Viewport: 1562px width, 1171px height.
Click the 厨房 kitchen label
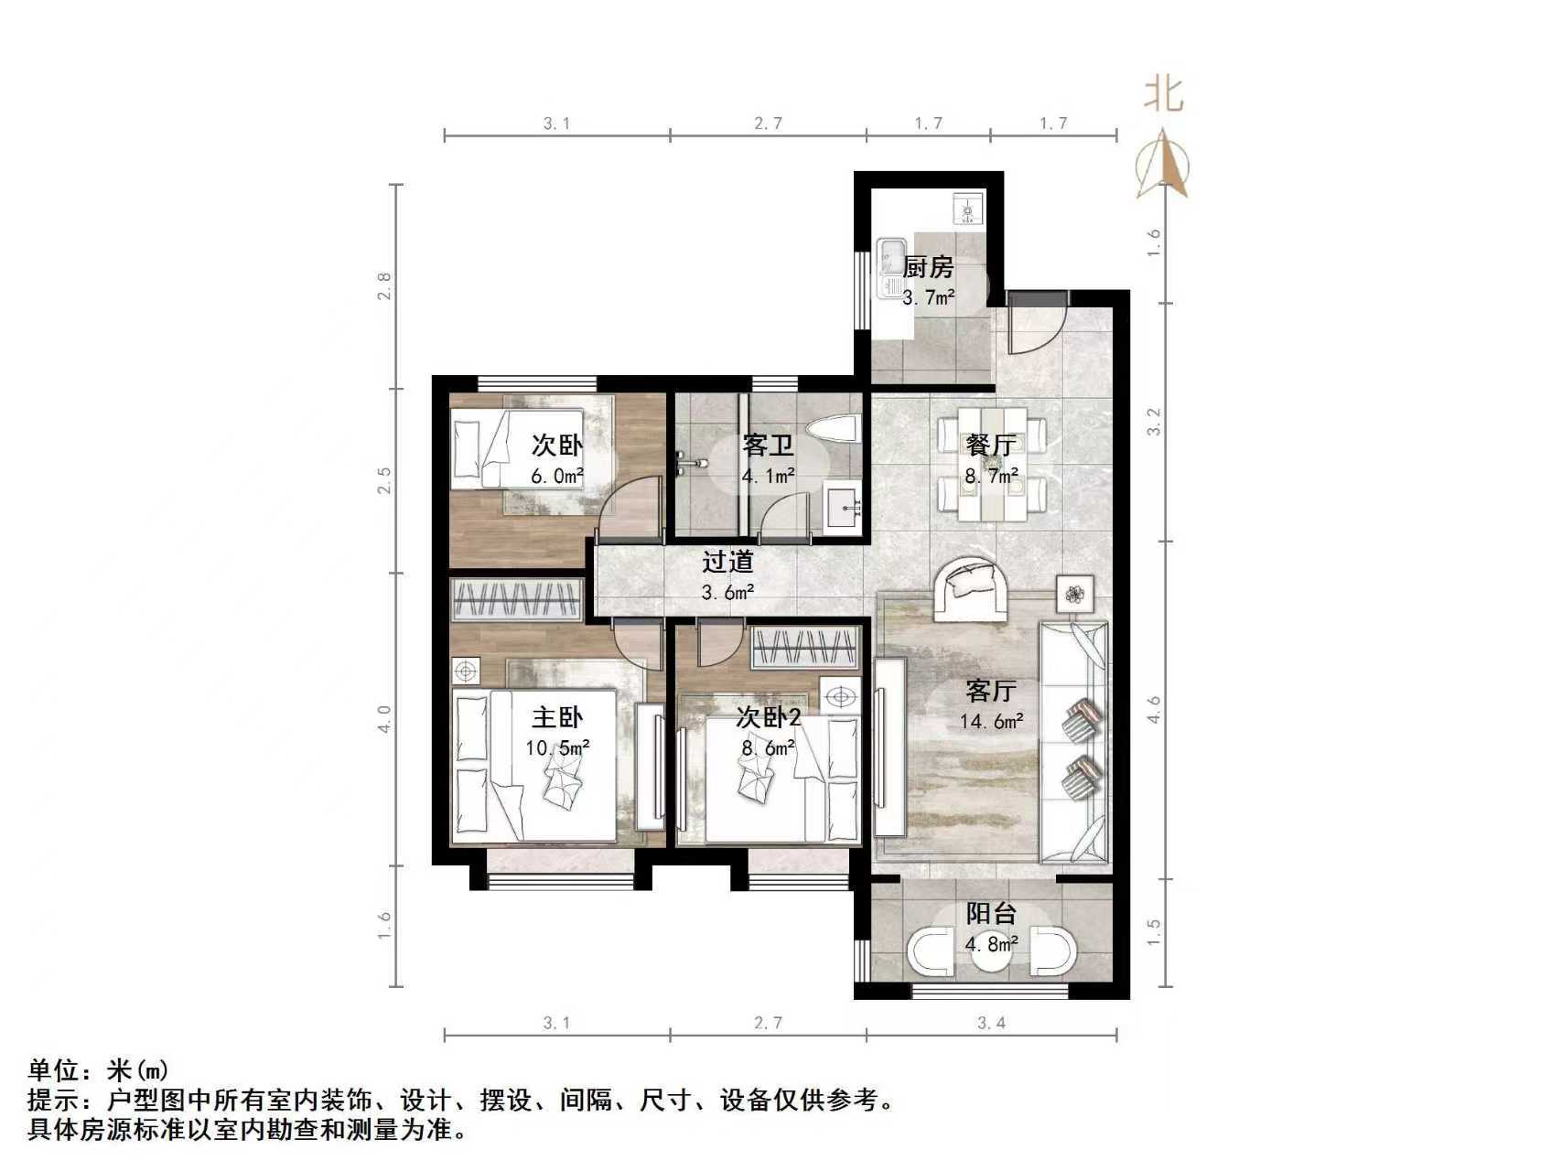928,267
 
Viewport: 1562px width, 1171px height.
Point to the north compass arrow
1162,165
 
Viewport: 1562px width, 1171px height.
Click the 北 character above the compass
1163,93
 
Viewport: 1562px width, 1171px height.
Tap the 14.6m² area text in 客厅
991,721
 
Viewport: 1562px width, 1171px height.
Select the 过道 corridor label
728,560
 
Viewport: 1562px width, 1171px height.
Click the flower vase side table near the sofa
1074,594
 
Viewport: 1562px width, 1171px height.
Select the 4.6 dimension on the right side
1154,710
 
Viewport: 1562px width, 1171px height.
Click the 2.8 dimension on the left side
385,286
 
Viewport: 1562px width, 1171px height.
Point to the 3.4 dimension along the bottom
991,1023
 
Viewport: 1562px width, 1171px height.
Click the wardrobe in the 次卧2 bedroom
805,650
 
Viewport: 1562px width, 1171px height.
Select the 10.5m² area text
557,747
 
